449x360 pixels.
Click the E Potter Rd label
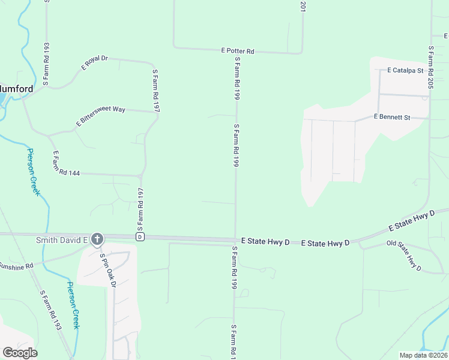click(238, 52)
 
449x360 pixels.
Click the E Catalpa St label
click(406, 70)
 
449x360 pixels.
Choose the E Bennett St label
click(391, 117)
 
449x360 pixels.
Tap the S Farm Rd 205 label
click(430, 68)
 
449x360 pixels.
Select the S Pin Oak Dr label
click(107, 271)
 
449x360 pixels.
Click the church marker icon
click(97, 239)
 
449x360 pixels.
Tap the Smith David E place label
click(62, 239)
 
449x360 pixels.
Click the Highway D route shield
click(139, 237)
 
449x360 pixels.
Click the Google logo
click(20, 353)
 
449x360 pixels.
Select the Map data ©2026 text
click(423, 355)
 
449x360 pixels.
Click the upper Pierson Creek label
click(33, 172)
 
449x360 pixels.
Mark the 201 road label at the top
click(303, 7)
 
